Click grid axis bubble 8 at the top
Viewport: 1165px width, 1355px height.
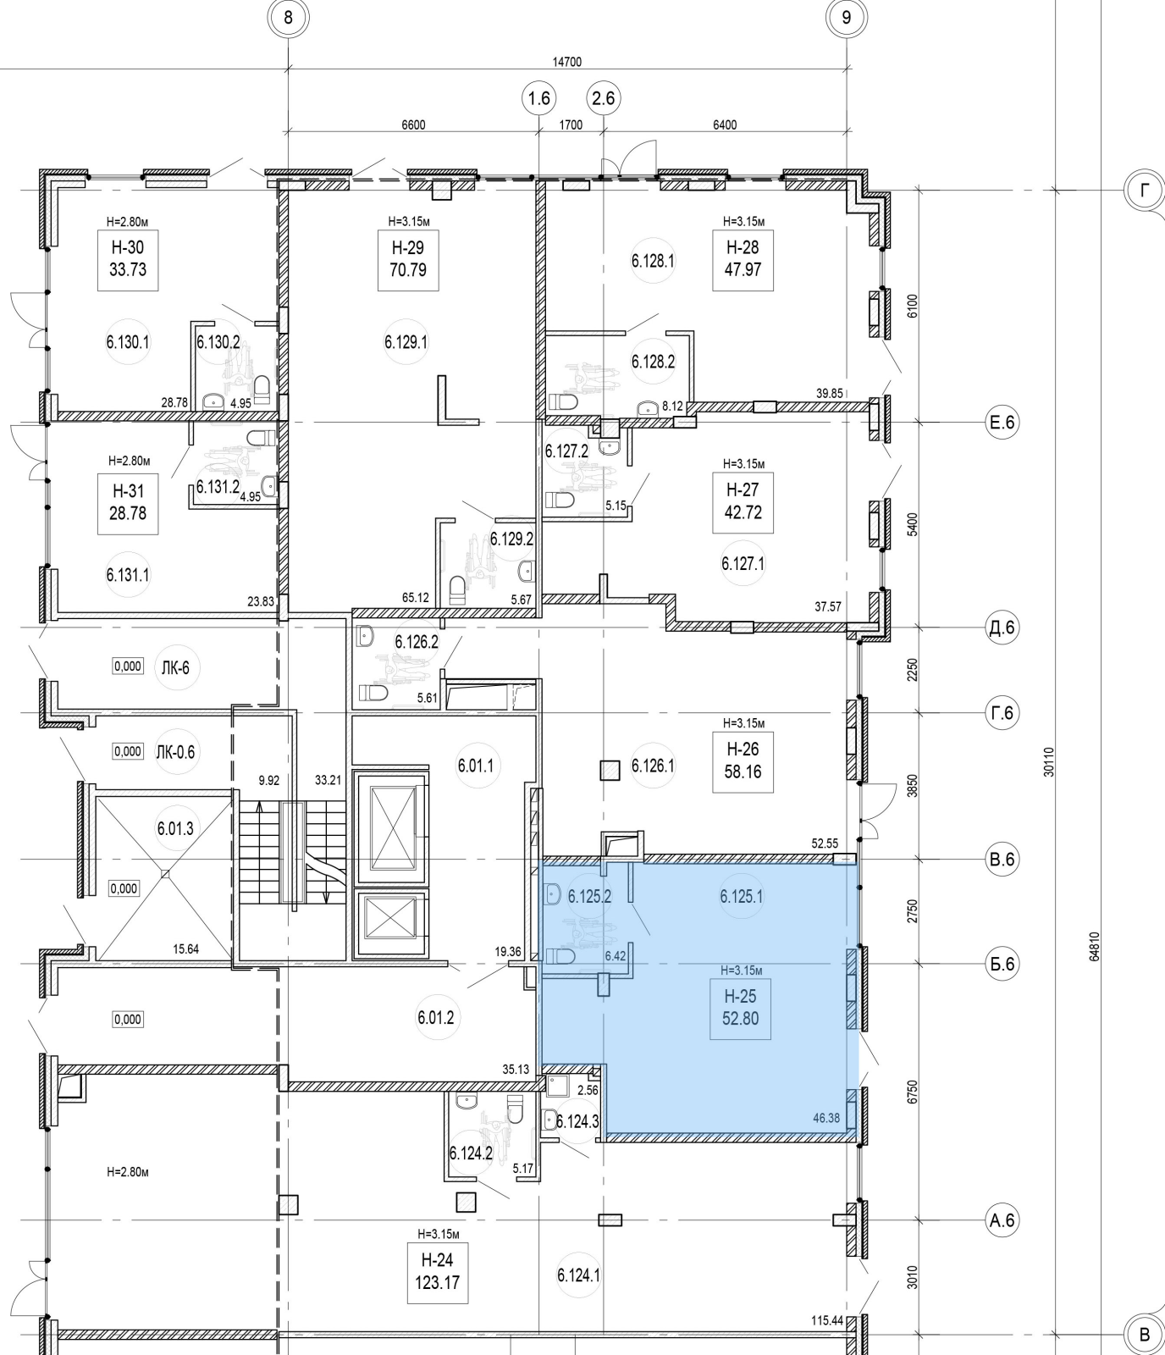coord(289,17)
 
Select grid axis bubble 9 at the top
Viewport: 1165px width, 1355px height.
coord(847,17)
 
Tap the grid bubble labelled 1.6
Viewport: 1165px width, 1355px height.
coord(538,98)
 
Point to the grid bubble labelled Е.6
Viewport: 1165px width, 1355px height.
coord(1002,422)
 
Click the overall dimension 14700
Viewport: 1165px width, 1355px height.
coord(566,62)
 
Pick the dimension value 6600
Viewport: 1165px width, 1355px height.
coord(413,124)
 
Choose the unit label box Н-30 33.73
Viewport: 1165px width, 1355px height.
coord(128,259)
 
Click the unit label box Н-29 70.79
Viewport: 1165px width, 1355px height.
coord(408,259)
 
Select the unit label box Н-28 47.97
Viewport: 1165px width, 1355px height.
coord(743,259)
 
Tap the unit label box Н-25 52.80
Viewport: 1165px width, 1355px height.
coord(740,1008)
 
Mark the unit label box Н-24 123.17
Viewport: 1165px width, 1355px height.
coord(437,1272)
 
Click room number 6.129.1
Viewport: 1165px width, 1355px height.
coord(406,342)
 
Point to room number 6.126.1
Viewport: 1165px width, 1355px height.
coord(653,766)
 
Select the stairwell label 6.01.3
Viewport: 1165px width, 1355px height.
coord(175,828)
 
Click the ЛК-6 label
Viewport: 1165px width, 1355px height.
coord(175,667)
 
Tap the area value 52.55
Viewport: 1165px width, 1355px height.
coord(825,843)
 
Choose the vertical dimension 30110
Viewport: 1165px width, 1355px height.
coord(1050,761)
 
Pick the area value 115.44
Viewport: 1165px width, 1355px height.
coord(826,1320)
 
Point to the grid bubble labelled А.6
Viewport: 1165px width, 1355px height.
coord(1002,1220)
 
